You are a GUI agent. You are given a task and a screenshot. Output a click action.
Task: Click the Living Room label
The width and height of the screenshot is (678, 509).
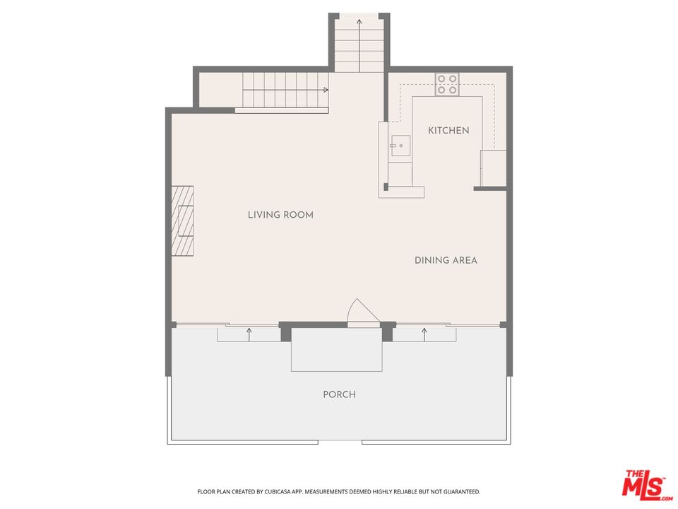280,215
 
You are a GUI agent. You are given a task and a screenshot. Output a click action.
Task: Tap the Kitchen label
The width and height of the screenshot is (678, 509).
448,131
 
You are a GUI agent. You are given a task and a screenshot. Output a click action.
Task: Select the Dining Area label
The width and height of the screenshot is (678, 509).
446,261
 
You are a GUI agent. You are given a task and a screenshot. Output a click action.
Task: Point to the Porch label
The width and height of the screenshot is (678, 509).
339,394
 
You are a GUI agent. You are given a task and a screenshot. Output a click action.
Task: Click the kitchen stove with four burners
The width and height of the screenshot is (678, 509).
447,85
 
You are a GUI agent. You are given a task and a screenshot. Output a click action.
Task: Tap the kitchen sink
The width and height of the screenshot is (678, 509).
400,146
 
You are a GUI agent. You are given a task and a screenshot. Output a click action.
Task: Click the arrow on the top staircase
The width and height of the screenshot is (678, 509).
359,23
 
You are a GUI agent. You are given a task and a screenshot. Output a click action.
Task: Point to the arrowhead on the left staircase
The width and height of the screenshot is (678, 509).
326,90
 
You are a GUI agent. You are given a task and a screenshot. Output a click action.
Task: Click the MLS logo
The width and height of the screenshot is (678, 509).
643,484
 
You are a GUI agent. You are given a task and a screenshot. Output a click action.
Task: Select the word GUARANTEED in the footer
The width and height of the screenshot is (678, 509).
460,491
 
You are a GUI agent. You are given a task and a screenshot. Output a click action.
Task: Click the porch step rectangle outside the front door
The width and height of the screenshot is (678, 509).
337,349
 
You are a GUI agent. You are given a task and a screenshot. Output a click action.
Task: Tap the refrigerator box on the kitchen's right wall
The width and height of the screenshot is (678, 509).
493,168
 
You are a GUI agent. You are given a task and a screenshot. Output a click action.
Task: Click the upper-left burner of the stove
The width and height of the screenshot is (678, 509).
441,79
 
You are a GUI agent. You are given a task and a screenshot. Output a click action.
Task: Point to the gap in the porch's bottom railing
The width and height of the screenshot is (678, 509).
340,443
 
